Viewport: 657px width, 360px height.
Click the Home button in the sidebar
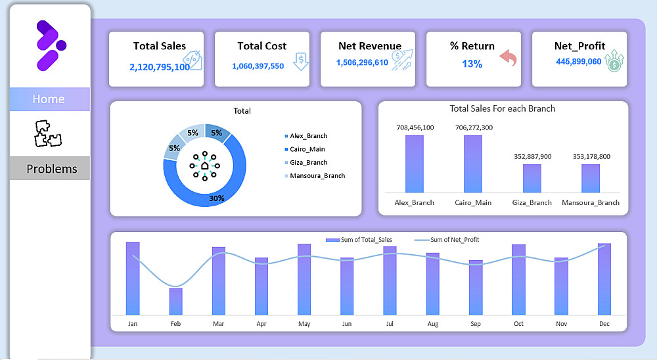[49, 99]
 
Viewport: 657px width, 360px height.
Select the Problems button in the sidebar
[51, 169]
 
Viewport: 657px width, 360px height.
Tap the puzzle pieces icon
[49, 133]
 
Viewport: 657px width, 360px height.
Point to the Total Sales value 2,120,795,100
[160, 66]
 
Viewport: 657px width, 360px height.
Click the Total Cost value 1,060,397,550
[258, 66]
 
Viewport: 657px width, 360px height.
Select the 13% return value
[472, 64]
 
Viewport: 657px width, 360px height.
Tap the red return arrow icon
[508, 59]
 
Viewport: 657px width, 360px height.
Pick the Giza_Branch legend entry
[308, 162]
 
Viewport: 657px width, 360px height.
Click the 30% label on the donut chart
[217, 198]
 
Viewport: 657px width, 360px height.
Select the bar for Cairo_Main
[473, 163]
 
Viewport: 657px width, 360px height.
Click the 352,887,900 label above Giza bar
[532, 156]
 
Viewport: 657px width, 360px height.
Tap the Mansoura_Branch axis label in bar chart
[591, 202]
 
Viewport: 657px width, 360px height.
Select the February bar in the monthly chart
[175, 301]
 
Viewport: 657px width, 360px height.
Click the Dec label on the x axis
[604, 324]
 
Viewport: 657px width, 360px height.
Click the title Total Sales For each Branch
[503, 108]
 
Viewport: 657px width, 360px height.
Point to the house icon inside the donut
[204, 166]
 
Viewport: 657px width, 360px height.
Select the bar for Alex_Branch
[414, 163]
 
